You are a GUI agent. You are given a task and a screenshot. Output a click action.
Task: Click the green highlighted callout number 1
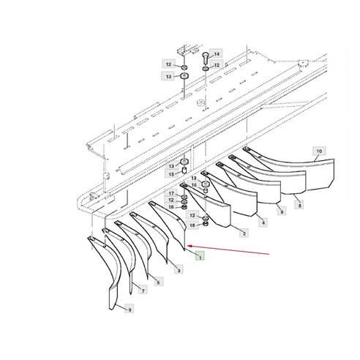click(198, 257)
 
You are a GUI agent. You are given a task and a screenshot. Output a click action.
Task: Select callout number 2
click(244, 233)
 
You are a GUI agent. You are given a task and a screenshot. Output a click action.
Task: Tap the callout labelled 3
click(179, 270)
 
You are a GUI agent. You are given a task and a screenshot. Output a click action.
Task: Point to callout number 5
click(158, 282)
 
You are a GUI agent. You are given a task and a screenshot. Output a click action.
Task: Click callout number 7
click(142, 291)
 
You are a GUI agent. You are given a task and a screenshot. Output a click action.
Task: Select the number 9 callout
click(129, 310)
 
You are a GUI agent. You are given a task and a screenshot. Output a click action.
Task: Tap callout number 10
click(318, 151)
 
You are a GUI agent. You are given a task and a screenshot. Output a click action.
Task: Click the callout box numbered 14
click(216, 53)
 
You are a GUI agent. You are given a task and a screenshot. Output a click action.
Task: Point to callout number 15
click(170, 173)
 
